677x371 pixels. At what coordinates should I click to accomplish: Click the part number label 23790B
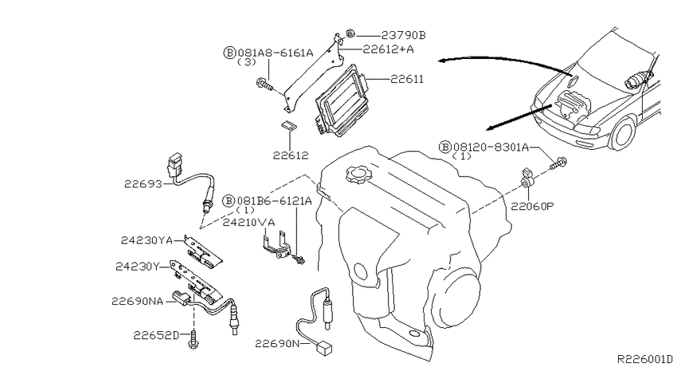tap(403, 35)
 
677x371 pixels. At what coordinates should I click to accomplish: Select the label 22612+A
tap(388, 49)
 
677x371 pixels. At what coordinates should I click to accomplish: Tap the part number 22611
tap(407, 79)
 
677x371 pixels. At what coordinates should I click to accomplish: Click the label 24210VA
tap(248, 223)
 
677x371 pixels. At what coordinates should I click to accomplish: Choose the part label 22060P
tap(532, 207)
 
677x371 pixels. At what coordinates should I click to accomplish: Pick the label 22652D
tap(155, 335)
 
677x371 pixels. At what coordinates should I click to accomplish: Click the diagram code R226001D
tap(644, 359)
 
